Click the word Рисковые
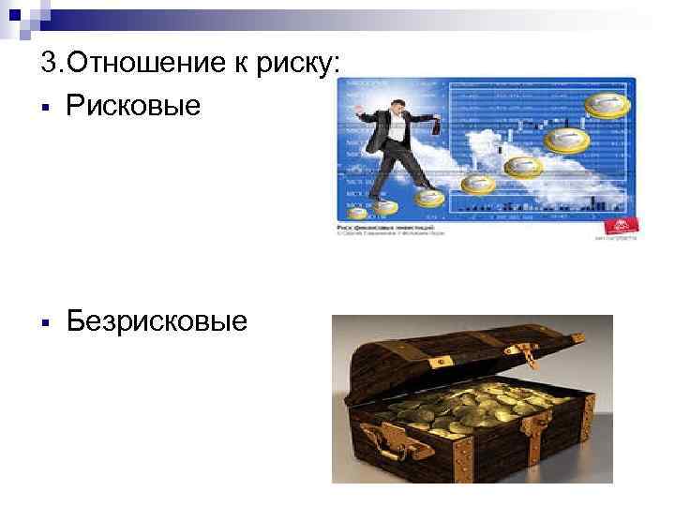pos(134,105)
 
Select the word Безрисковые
pos(157,321)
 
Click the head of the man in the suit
pos(395,100)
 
